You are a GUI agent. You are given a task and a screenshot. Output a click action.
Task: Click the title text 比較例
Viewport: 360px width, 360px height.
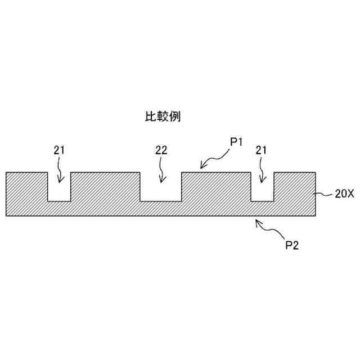163,117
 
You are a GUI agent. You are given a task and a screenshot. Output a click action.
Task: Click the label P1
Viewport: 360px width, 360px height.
236,143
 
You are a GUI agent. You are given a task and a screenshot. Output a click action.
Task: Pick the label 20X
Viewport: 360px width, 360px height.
343,195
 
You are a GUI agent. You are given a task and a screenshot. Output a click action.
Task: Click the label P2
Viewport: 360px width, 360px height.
292,245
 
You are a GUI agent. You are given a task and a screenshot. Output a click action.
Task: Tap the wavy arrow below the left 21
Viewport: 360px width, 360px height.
59,170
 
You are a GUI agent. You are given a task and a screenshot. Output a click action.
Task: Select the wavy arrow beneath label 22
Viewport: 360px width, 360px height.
162,170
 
